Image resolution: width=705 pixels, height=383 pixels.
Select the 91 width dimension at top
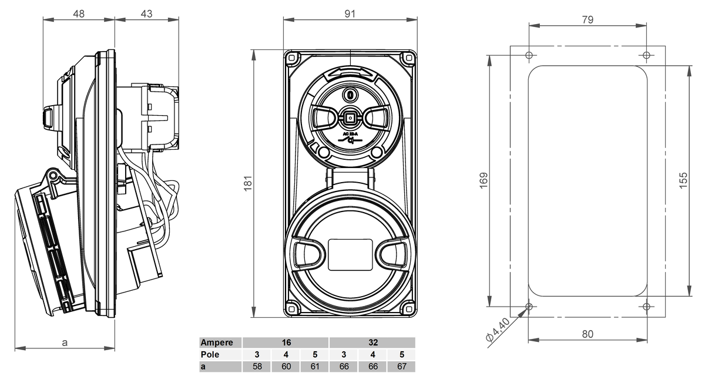(350, 14)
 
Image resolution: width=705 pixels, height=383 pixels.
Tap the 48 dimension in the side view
(79, 14)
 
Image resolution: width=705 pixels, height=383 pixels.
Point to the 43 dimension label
(146, 14)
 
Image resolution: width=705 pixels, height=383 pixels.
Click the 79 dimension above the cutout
(587, 19)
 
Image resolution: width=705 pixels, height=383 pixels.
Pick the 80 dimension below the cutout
(587, 334)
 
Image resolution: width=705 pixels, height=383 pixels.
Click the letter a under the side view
(65, 342)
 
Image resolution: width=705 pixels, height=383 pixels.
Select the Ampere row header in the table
(221, 342)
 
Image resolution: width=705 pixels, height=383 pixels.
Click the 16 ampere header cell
(286, 342)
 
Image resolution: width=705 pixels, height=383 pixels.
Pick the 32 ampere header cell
(372, 342)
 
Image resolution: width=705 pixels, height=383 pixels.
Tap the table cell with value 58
(257, 367)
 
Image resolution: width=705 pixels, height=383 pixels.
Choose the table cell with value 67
(401, 367)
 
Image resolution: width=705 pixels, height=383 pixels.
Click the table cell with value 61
(314, 367)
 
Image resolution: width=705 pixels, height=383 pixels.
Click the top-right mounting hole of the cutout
(646, 55)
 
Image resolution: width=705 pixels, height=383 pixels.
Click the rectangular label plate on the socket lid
(350, 255)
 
